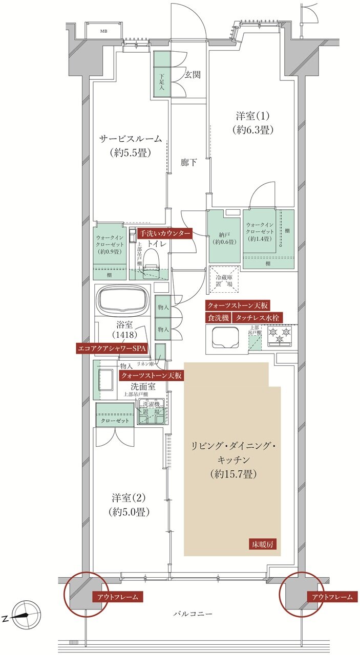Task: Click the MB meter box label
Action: pos(103,31)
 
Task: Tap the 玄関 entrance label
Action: pos(193,75)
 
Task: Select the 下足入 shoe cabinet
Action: pos(161,75)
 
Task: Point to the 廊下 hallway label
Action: pos(188,162)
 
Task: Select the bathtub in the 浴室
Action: pos(123,300)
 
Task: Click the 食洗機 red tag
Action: pos(218,318)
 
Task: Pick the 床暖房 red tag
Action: pos(264,543)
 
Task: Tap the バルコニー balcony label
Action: pos(193,613)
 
